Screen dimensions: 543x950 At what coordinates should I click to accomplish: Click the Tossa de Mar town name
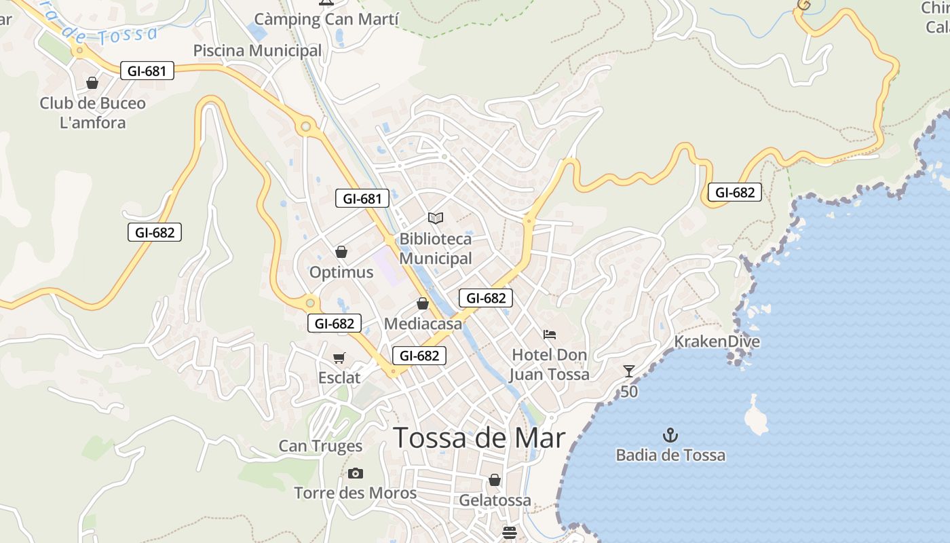coord(479,438)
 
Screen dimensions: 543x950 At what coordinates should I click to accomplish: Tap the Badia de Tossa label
coord(670,455)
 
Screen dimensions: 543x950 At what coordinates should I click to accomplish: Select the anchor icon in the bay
coord(670,435)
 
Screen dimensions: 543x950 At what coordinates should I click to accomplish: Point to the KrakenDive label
coord(717,341)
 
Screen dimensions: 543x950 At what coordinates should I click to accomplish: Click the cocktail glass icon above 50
coord(629,371)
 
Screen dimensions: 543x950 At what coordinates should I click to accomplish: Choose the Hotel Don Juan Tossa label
coord(549,364)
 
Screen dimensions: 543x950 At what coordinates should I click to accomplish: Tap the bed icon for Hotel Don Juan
coord(550,334)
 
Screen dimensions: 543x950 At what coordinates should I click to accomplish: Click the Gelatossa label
coord(495,500)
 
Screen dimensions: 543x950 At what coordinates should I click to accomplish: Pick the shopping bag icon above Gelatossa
coord(495,480)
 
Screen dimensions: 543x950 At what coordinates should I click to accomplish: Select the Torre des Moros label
coord(355,493)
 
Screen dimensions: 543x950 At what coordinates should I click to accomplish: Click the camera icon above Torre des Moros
coord(355,473)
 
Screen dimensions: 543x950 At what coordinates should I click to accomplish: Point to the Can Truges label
coord(320,446)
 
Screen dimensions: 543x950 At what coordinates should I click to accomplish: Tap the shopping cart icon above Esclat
coord(339,358)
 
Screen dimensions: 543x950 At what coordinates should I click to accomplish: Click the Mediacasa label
coord(423,324)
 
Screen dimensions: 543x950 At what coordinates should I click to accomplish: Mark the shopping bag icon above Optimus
coord(341,252)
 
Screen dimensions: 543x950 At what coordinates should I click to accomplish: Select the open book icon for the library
coord(436,218)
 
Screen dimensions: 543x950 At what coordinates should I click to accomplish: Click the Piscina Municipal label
coord(257,51)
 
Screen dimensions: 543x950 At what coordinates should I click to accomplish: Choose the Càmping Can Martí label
coord(326,19)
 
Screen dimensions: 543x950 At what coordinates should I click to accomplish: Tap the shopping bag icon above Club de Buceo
coord(92,83)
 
